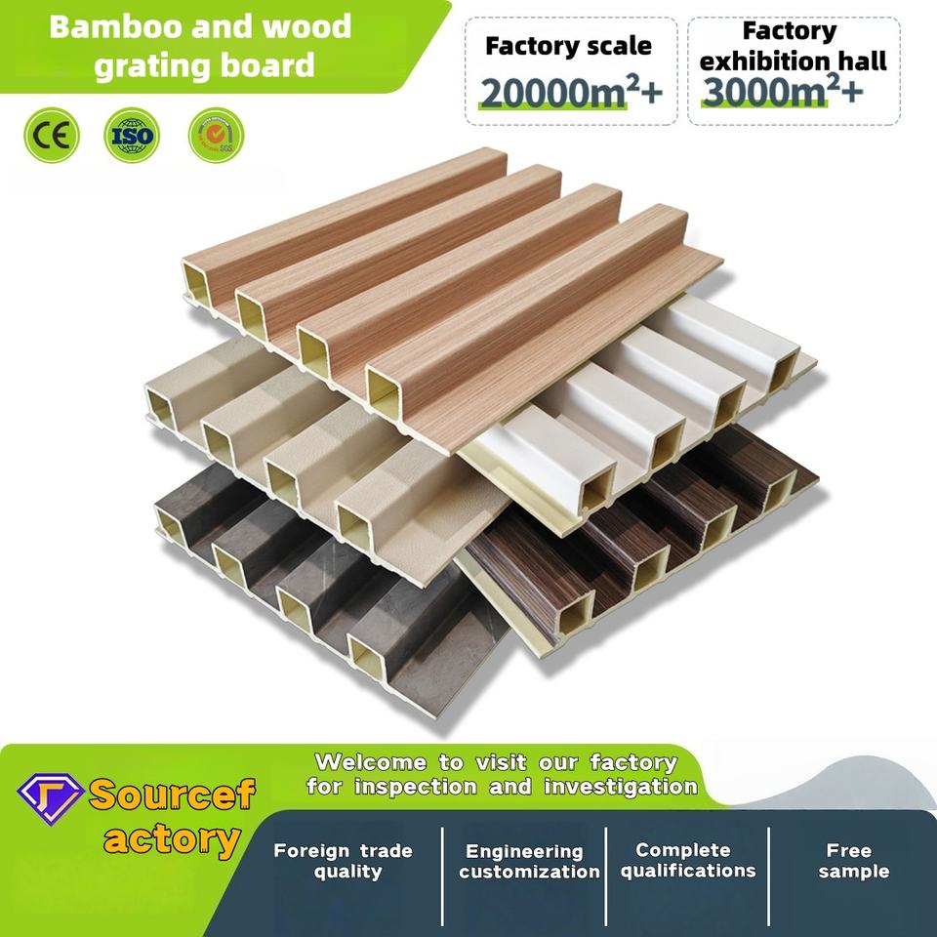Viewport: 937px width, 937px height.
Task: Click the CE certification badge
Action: point(50,135)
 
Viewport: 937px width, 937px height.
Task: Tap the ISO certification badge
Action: point(132,135)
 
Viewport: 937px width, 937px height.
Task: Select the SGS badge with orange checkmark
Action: point(216,135)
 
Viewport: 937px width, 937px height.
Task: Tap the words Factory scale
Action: point(568,45)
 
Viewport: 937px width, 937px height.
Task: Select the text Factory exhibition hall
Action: point(793,45)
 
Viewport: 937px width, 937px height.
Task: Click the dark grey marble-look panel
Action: point(293,586)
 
